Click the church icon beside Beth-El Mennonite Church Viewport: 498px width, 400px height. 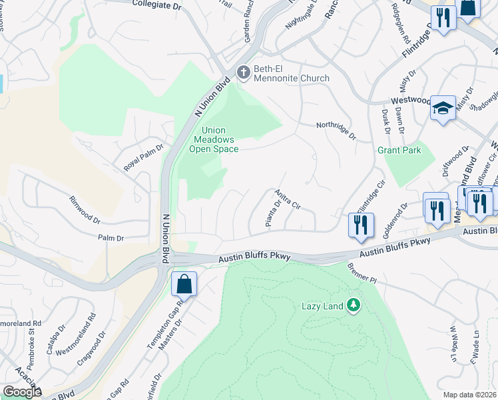tap(244, 71)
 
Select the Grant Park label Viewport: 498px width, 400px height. tap(399, 150)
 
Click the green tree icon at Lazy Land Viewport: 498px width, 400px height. tap(354, 306)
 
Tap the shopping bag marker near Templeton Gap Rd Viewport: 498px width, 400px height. tap(184, 285)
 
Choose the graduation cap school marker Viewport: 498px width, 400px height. tap(442, 109)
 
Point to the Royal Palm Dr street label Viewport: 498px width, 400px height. tap(143, 157)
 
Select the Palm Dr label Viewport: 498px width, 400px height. tap(111, 238)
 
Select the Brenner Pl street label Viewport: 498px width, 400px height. tap(362, 273)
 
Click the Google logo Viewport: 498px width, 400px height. tap(22, 392)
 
